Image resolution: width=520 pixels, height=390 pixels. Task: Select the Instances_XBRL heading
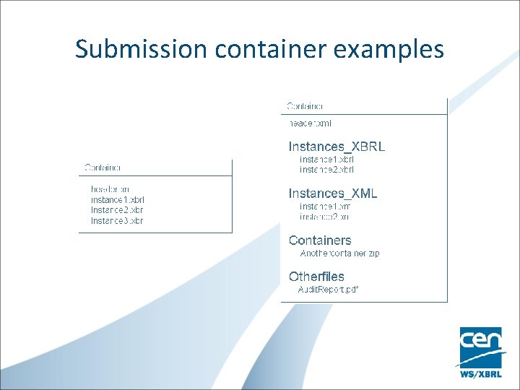coord(337,146)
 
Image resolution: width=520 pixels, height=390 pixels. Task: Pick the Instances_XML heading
coord(333,193)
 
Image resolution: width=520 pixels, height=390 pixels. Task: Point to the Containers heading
coord(320,240)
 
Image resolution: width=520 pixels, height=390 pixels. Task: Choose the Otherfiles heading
coord(316,276)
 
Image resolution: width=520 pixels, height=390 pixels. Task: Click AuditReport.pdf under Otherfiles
coord(329,289)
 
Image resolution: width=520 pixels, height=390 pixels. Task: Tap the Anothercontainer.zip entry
coord(339,253)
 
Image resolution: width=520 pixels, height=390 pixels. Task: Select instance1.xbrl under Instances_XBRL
coord(326,159)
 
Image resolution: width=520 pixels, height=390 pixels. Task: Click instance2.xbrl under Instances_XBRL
coord(326,170)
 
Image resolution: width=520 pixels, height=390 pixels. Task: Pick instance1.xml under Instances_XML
coord(325,206)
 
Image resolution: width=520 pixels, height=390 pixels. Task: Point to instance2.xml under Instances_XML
coord(325,216)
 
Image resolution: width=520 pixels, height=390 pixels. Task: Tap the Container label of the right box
coord(305,106)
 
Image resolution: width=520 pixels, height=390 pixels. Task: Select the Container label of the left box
coord(103,168)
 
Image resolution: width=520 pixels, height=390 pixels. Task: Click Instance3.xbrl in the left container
coord(117,220)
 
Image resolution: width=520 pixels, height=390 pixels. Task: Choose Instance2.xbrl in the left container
coord(117,209)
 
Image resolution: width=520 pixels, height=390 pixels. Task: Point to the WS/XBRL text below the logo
coord(481,374)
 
